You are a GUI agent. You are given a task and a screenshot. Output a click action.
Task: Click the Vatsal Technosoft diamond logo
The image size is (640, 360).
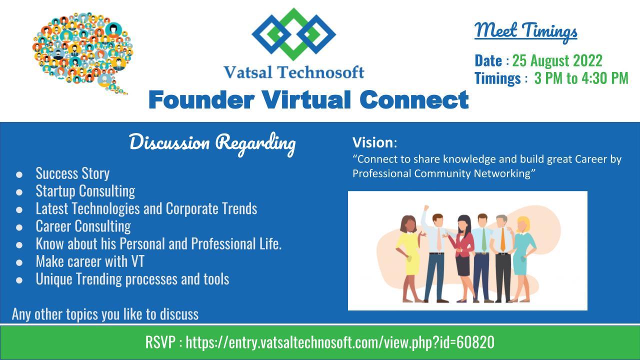point(293,34)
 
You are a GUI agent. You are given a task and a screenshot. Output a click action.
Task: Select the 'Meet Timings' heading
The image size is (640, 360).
point(525,32)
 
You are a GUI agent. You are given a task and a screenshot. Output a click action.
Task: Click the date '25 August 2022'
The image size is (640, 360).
point(557,60)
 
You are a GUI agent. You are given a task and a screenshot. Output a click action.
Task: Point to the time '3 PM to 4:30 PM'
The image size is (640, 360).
point(581,78)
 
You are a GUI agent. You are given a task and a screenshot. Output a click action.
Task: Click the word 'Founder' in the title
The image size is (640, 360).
point(201,99)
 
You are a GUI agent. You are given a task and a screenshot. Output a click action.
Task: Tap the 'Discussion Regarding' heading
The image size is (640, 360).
point(212,143)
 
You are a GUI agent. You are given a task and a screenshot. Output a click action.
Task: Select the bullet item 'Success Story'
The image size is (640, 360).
point(72,173)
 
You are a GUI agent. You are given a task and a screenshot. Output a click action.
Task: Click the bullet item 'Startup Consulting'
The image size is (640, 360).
point(85,191)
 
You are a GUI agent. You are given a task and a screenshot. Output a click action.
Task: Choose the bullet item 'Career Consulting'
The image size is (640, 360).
point(83,226)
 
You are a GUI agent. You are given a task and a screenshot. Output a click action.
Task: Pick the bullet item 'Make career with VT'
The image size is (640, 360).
point(90,261)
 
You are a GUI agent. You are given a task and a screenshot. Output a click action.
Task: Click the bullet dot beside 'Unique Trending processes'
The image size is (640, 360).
point(19,280)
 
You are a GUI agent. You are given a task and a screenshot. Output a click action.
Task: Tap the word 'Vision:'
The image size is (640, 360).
point(374,142)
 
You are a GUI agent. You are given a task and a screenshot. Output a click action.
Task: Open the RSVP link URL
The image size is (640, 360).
point(340,342)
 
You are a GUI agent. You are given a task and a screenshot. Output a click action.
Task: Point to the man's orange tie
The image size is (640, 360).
point(503,243)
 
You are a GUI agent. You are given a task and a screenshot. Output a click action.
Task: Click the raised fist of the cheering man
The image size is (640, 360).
point(426,207)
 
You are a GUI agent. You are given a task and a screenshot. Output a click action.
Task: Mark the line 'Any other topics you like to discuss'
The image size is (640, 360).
point(105,314)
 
